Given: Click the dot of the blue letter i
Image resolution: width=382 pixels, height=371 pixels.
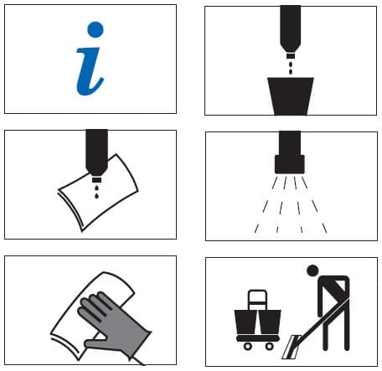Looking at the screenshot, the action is pyautogui.click(x=95, y=29).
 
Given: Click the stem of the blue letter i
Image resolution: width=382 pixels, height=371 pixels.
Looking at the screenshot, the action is pyautogui.click(x=89, y=72).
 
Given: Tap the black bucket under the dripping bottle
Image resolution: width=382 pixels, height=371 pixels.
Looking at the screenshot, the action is pyautogui.click(x=291, y=95).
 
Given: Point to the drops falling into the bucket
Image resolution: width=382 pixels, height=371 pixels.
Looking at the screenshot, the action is pyautogui.click(x=291, y=68).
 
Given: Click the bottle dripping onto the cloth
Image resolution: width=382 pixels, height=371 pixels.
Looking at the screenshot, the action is pyautogui.click(x=96, y=155).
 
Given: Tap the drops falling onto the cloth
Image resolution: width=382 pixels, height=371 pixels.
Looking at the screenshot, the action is pyautogui.click(x=96, y=191).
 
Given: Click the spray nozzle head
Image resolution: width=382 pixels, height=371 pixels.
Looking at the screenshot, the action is pyautogui.click(x=290, y=164).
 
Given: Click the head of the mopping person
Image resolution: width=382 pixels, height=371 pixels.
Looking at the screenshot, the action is pyautogui.click(x=312, y=271).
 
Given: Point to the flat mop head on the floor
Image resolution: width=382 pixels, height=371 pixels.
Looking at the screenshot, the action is pyautogui.click(x=292, y=347).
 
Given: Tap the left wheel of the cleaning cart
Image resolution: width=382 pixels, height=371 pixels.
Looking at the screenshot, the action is pyautogui.click(x=248, y=347).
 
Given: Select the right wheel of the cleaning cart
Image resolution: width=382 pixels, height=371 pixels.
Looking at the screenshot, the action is pyautogui.click(x=270, y=347).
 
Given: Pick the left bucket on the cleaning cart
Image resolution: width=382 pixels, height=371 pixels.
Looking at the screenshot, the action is pyautogui.click(x=245, y=322).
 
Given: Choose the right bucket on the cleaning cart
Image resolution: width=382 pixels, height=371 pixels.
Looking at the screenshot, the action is pyautogui.click(x=270, y=322).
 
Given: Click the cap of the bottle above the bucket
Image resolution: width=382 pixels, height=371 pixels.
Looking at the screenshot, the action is pyautogui.click(x=291, y=56).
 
